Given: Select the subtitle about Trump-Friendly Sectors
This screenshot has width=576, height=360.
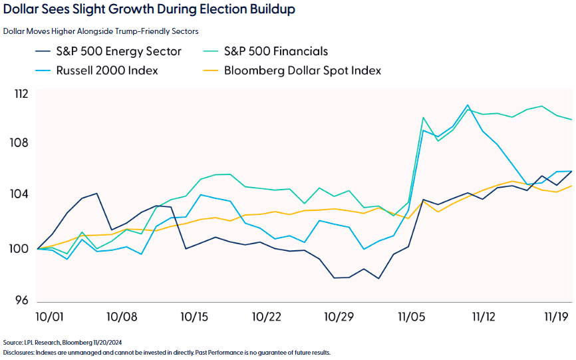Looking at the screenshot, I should pyautogui.click(x=100, y=31).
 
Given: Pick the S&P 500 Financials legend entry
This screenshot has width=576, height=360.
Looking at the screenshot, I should pyautogui.click(x=275, y=51).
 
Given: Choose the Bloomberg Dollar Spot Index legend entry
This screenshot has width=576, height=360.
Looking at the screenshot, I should pyautogui.click(x=302, y=70).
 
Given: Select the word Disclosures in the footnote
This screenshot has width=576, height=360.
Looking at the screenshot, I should pyautogui.click(x=20, y=352).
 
